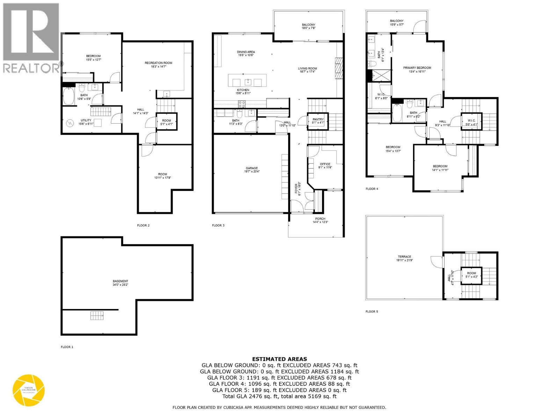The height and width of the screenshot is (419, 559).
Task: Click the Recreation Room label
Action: click(158, 63)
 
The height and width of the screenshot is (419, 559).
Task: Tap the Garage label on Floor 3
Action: click(251, 168)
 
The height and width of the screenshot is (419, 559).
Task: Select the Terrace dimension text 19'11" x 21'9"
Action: click(405, 260)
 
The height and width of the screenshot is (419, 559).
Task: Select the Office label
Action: click(325, 164)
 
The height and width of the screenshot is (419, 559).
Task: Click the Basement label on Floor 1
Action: click(120, 281)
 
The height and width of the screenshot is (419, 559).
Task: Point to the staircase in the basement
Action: click(97, 315)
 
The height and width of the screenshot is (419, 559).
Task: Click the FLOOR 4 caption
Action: click(372, 189)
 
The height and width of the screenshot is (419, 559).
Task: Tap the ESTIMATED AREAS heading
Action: click(279, 359)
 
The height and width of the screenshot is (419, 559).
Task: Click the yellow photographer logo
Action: click(29, 390)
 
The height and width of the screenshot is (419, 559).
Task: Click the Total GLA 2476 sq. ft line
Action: click(279, 396)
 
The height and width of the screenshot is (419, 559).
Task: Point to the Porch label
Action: click(320, 219)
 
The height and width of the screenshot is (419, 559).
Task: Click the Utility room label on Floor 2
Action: click(86, 120)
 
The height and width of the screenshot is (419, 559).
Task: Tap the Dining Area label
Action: click(246, 52)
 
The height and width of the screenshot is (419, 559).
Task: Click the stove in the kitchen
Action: click(242, 104)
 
